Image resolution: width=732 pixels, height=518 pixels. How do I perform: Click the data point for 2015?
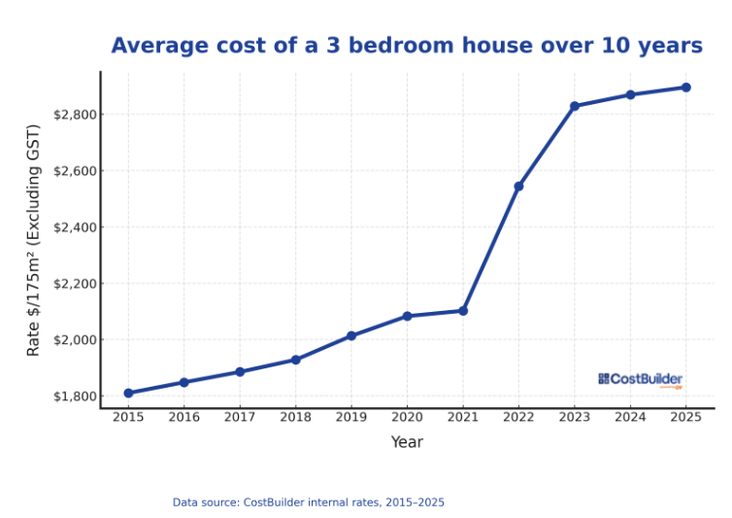pyautogui.click(x=128, y=393)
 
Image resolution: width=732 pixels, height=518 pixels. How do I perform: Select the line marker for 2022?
pyautogui.click(x=518, y=186)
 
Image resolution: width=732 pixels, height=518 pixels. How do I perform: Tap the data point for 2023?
pyautogui.click(x=575, y=106)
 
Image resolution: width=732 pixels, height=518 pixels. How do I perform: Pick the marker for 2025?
pyautogui.click(x=685, y=87)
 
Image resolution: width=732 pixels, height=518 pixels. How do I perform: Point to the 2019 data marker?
pyautogui.click(x=351, y=336)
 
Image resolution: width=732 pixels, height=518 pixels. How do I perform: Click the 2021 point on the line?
pyautogui.click(x=463, y=311)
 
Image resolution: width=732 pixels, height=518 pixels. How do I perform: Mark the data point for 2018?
pyautogui.click(x=296, y=360)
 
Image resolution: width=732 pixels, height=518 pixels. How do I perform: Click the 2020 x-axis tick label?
pyautogui.click(x=407, y=417)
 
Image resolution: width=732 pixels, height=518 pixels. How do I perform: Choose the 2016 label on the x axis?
pyautogui.click(x=184, y=417)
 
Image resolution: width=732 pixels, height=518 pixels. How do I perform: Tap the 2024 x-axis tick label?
pyautogui.click(x=630, y=417)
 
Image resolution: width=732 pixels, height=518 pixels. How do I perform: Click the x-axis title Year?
pyautogui.click(x=407, y=442)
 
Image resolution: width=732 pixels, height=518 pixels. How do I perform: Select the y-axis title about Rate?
pyautogui.click(x=34, y=240)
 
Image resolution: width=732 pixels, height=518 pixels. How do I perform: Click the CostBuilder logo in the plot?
pyautogui.click(x=641, y=379)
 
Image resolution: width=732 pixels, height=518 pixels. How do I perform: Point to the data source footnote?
pyautogui.click(x=309, y=502)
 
